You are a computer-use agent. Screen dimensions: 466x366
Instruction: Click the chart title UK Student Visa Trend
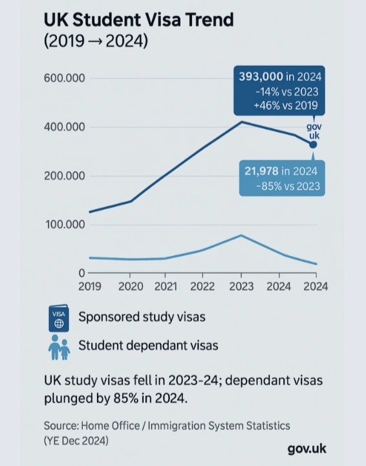(138, 20)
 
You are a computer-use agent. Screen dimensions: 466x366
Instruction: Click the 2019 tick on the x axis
(91, 285)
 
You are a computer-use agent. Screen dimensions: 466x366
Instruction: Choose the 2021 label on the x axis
(166, 285)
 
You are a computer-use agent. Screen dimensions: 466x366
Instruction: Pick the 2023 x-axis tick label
(241, 285)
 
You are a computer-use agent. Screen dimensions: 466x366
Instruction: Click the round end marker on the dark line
(313, 144)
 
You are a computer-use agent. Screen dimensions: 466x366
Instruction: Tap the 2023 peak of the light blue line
(241, 235)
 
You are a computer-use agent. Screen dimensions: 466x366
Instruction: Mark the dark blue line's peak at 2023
(241, 122)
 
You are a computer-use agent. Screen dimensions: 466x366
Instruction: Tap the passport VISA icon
(59, 318)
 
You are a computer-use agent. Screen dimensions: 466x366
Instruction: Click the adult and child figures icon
(59, 347)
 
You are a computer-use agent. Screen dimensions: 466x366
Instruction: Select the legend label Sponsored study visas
(142, 317)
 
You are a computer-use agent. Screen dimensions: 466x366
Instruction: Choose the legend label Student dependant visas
(148, 346)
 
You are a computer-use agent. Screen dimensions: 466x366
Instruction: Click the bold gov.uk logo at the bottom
(307, 449)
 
